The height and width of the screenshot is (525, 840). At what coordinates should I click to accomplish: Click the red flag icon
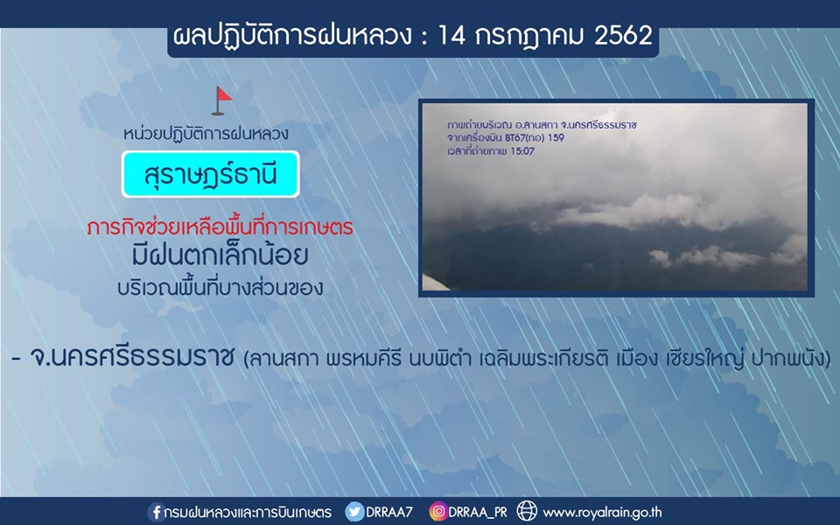tap(221, 101)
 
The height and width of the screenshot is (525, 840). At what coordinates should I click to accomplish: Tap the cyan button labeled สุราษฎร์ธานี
tap(211, 174)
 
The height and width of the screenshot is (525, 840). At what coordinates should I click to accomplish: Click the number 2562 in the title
tap(623, 36)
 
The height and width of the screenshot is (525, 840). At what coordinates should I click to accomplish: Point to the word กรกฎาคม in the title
tap(529, 37)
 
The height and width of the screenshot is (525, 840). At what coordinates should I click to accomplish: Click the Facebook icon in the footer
tap(156, 512)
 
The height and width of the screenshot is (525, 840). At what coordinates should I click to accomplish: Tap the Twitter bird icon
tap(354, 512)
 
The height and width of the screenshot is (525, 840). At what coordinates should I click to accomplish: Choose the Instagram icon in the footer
tap(437, 512)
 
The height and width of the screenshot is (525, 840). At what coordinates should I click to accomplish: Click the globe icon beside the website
tap(527, 511)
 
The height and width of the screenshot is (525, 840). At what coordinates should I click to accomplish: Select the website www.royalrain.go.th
tap(603, 513)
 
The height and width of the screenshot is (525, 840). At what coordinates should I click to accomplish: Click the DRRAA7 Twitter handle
tap(389, 512)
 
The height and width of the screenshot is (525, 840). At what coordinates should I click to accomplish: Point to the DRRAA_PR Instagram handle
tap(478, 513)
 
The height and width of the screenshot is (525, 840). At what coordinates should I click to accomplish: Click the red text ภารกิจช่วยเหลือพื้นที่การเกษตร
tap(220, 227)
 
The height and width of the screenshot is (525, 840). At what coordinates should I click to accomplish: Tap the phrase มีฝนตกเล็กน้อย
tap(220, 255)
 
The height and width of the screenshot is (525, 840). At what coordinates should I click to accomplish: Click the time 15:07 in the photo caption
tap(522, 151)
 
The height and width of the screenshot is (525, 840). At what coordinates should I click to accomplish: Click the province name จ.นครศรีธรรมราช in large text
tap(132, 356)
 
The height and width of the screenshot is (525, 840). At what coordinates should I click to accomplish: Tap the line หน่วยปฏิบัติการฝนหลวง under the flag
tap(206, 133)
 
